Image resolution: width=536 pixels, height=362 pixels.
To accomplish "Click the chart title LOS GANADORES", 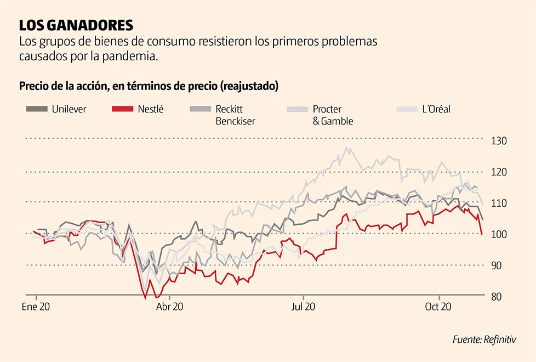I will click(x=76, y=25).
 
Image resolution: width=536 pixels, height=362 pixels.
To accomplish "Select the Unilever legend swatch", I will click(x=37, y=109).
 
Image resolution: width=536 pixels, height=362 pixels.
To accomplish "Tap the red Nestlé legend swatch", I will click(x=122, y=109).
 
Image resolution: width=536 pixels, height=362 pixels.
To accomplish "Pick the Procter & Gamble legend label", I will click(x=333, y=115).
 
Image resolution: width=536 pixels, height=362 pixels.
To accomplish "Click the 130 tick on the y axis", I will click(x=499, y=141).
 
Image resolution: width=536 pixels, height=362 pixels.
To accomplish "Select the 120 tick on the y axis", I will click(x=499, y=172).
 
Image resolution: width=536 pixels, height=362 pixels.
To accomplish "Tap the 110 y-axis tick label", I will click(x=499, y=203).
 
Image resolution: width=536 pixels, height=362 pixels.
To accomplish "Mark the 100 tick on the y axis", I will click(x=499, y=234).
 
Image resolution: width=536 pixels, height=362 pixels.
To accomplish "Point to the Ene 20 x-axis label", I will click(x=36, y=308).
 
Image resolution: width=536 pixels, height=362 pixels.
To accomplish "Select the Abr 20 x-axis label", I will click(x=169, y=308).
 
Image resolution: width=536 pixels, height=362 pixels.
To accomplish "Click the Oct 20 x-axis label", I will click(x=438, y=308).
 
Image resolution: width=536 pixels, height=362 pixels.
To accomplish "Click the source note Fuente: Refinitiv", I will click(x=485, y=340).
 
